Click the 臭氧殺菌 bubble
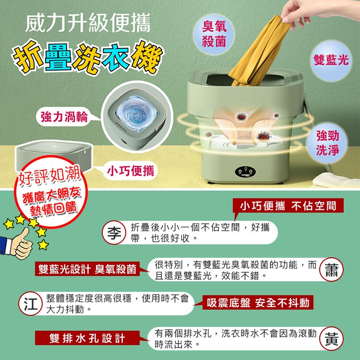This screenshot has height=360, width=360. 214,34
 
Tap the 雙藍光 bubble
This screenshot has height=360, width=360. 331,60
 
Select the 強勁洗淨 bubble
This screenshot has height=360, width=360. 327,143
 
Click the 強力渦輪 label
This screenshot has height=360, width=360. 64,117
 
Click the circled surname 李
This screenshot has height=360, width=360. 114,233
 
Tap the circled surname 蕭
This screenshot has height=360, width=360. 331,270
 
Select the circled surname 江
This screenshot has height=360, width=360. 31,303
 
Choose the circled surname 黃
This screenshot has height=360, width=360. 331,339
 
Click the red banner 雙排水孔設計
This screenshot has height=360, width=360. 87,338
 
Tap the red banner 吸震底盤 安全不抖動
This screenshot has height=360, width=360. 258,302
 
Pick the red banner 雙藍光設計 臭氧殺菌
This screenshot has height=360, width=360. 87,269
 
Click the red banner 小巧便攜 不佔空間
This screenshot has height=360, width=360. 288,205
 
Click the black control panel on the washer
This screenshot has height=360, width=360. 245,172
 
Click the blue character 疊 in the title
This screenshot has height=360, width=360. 58,57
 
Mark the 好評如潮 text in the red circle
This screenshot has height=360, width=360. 49,176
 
